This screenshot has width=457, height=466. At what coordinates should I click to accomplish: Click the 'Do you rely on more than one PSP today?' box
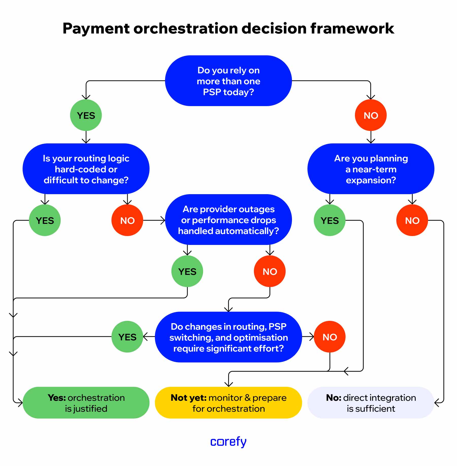pos(228,81)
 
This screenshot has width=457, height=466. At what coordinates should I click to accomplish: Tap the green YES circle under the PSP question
pos(86,115)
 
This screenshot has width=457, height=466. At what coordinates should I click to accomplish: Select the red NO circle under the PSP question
pos(371,115)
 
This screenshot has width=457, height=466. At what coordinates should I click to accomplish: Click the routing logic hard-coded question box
pos(86,169)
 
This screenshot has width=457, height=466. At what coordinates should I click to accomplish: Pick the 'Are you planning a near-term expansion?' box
pos(371,169)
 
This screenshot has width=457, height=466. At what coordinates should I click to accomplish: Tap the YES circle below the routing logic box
pos(45,220)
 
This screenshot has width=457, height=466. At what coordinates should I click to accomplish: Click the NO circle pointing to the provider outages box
pos(127,220)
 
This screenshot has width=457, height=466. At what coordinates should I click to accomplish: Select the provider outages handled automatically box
pos(228,220)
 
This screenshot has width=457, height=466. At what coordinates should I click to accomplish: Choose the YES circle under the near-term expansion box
pos(330,220)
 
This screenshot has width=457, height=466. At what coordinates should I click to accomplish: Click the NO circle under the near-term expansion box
pos(412,220)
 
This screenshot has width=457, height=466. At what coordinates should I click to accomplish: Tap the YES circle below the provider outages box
pos(187,271)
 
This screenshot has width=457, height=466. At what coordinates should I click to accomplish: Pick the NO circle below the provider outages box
pos(270,271)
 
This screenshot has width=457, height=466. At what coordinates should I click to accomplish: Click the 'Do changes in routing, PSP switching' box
pos(228,337)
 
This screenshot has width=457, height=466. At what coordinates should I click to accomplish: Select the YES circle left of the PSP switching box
pos(127,337)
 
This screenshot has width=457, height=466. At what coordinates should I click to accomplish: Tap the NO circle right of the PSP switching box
pos(330,337)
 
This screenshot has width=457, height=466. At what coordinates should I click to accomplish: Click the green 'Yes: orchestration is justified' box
pos(86,403)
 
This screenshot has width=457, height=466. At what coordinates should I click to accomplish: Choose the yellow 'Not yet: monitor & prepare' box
pos(228,403)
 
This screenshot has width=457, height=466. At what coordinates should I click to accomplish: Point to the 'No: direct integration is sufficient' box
pos(371,403)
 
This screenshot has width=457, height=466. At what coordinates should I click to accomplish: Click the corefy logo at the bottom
pos(228,442)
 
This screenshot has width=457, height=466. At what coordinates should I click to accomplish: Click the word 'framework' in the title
pos(352,28)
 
